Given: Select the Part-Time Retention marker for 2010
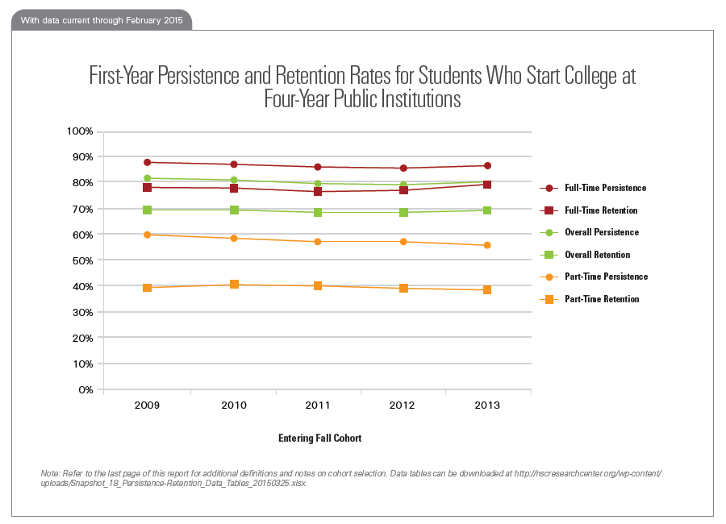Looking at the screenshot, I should [234, 285].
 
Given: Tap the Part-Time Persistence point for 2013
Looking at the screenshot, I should [487, 245].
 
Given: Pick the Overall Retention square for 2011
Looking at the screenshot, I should [318, 212].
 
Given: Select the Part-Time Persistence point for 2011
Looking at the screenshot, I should [318, 242].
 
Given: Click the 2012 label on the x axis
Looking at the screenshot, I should [403, 405].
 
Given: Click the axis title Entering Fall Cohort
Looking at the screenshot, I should [319, 439].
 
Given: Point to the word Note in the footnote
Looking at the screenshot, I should [50, 472].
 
